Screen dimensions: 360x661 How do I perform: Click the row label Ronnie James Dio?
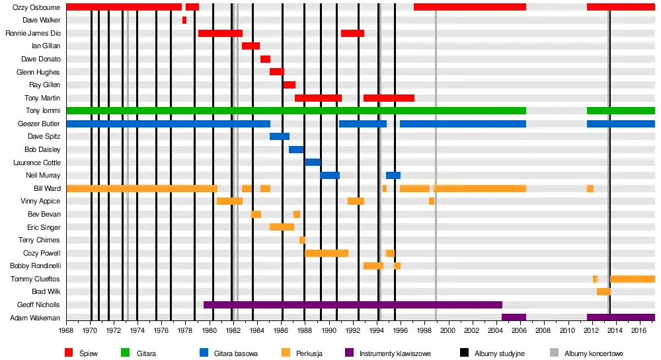(32, 33)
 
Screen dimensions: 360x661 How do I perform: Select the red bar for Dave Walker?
(184, 20)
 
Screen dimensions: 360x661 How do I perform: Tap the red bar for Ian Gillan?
(251, 46)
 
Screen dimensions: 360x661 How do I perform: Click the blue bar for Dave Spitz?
(279, 137)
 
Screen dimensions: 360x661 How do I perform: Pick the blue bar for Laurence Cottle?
(313, 162)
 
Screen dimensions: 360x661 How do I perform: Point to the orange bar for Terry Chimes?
(302, 240)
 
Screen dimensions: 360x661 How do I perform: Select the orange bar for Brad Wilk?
(603, 291)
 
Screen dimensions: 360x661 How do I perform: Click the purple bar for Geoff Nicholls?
(352, 305)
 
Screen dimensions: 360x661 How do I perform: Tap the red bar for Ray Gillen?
(289, 85)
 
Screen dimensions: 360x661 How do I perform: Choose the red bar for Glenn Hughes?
(276, 72)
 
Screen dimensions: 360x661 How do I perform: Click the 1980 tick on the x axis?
(210, 330)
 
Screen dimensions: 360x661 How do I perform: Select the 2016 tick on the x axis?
(639, 330)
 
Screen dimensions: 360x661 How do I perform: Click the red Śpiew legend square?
(69, 353)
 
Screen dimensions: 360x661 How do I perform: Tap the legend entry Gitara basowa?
(235, 353)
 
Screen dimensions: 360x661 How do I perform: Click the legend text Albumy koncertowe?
(594, 353)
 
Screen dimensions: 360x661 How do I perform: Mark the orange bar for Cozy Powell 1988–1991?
(327, 253)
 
